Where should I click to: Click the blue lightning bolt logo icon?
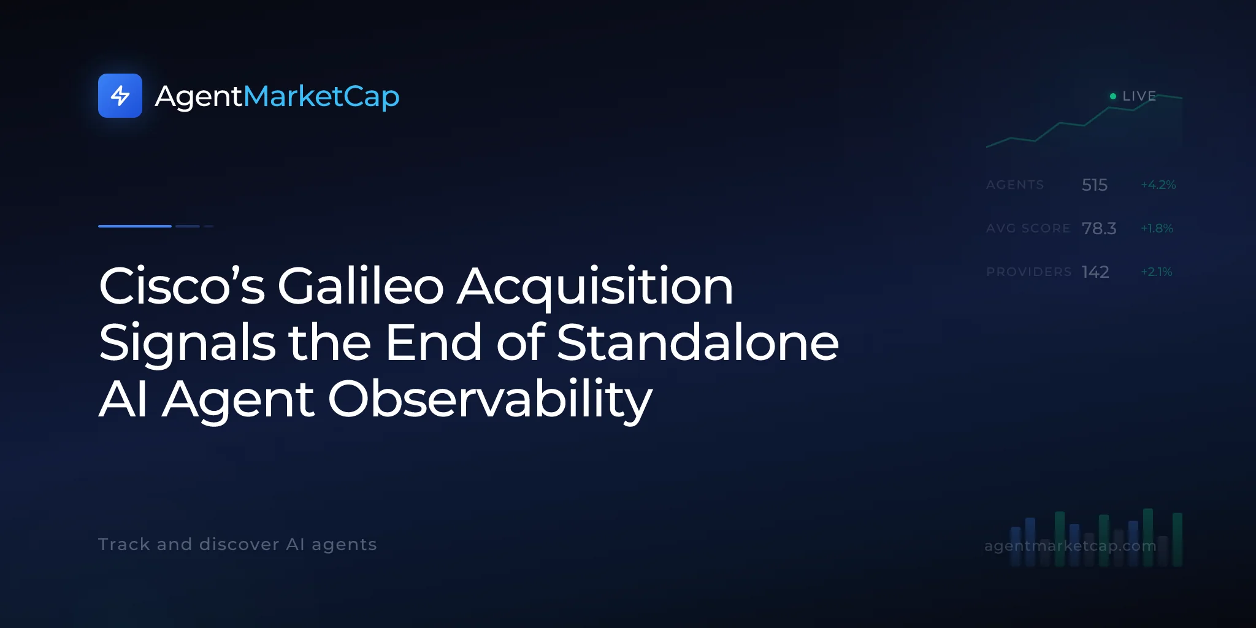click(x=120, y=96)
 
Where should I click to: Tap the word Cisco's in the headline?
click(x=182, y=286)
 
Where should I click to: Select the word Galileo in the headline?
click(x=361, y=286)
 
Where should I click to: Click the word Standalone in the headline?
click(x=698, y=342)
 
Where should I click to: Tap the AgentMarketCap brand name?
click(x=277, y=97)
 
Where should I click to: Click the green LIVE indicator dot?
click(x=1112, y=96)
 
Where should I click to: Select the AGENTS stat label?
click(x=1015, y=185)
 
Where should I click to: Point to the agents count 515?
click(x=1095, y=185)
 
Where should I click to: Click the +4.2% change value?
click(x=1158, y=185)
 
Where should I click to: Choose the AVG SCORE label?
click(x=1028, y=228)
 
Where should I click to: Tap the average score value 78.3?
click(x=1099, y=228)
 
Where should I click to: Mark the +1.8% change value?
click(x=1157, y=228)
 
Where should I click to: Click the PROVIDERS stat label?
click(x=1029, y=272)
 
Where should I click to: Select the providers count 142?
click(x=1095, y=272)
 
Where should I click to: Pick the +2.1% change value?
click(x=1157, y=272)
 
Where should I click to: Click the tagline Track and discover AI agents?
click(x=237, y=545)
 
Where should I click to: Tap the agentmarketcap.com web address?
click(x=1070, y=546)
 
